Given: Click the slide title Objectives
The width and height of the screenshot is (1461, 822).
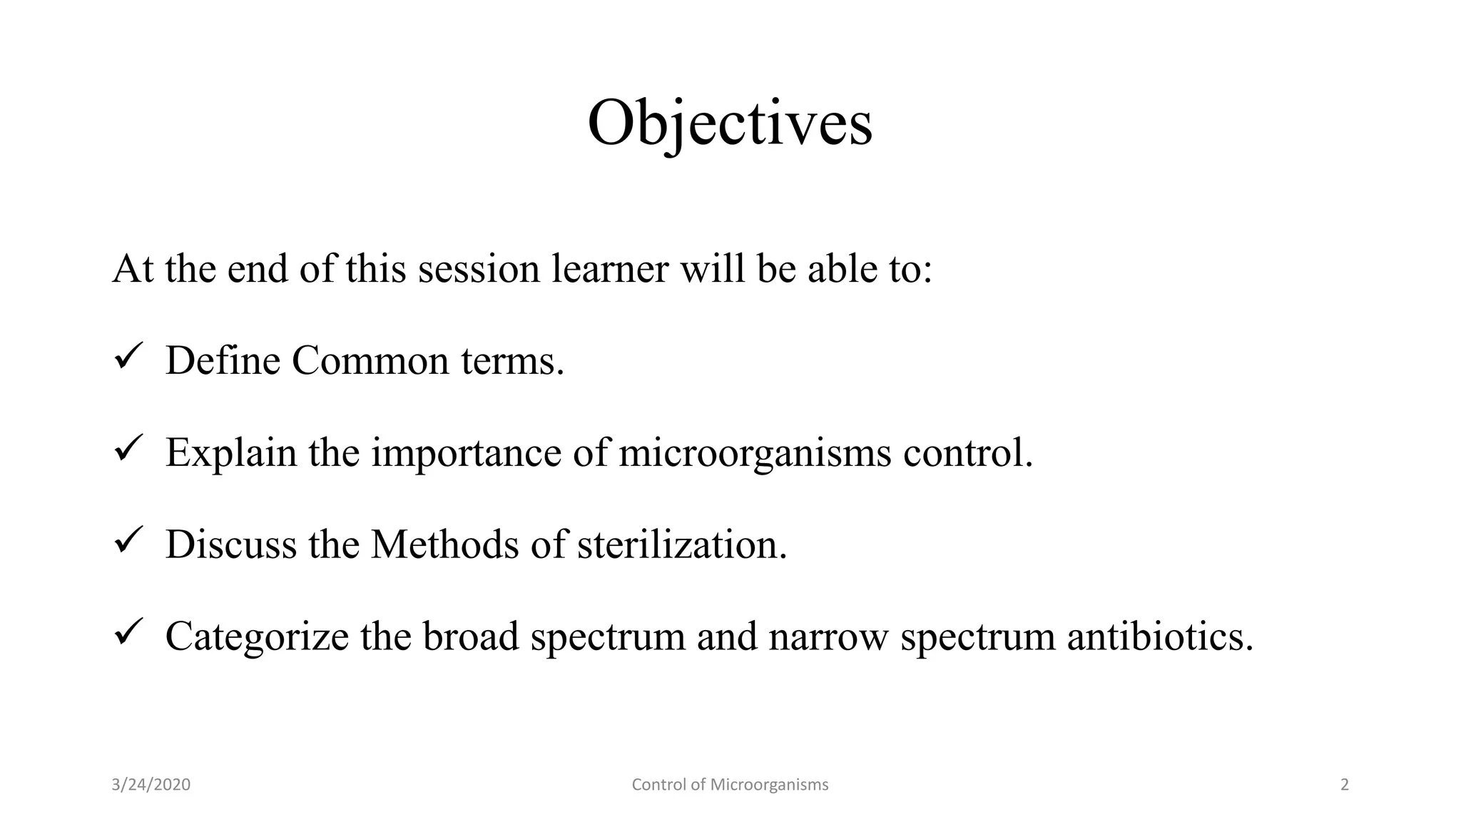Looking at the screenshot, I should (x=730, y=124).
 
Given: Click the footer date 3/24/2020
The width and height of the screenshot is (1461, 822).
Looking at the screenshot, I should (x=151, y=785).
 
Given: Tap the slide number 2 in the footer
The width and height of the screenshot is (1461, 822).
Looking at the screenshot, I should (x=1345, y=785).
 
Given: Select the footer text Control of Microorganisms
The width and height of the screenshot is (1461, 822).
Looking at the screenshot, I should (x=730, y=785).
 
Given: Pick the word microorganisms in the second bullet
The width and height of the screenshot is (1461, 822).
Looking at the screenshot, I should (x=755, y=452).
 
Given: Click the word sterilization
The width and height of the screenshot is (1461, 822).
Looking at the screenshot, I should (x=681, y=544).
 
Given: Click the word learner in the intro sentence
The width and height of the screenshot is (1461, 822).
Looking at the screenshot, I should (x=610, y=269).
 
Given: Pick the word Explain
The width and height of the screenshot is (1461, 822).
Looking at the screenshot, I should (x=231, y=452).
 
